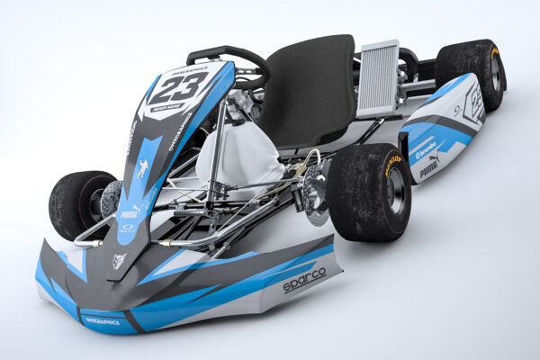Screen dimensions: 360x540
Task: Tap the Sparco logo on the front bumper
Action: pos(305,281)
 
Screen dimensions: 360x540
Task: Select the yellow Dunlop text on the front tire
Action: pos(392,164)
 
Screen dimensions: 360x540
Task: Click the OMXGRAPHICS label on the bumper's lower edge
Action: pos(102,320)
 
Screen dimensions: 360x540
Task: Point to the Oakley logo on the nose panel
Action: pos(128,228)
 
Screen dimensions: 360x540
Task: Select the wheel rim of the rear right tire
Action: pos(494,72)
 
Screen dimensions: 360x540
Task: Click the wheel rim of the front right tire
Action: pos(394,192)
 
